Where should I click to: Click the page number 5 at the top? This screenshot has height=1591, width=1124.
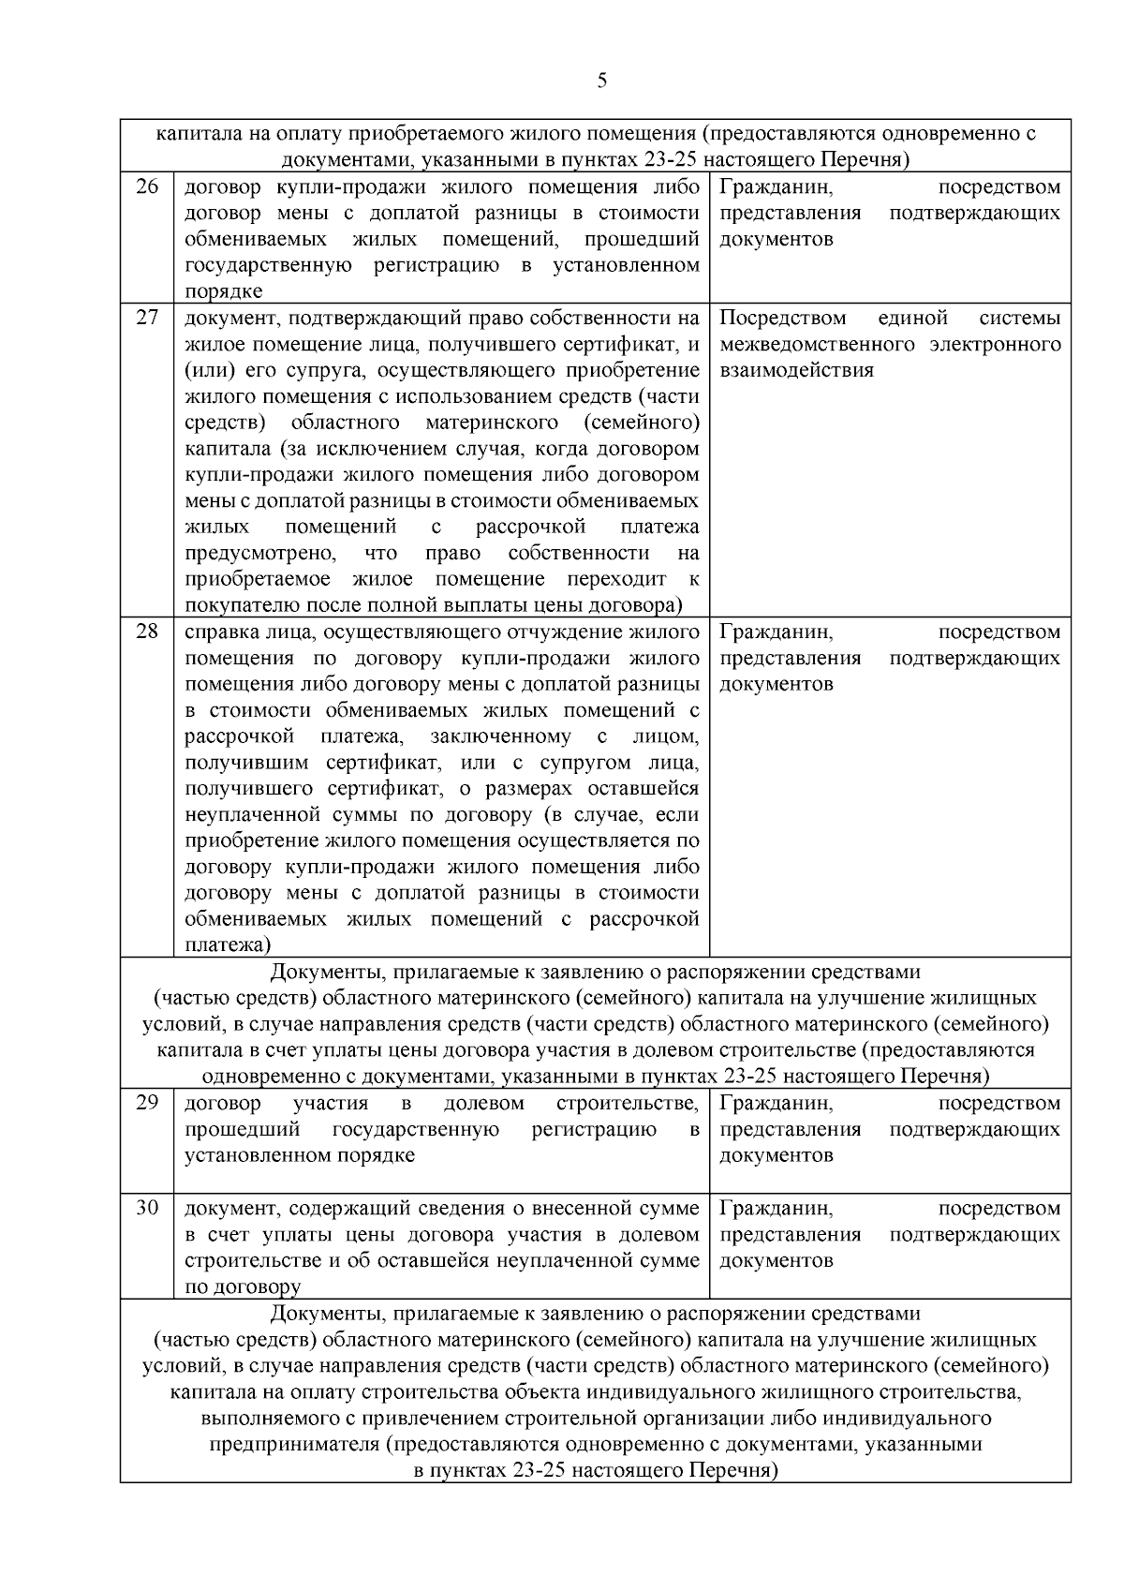(601, 81)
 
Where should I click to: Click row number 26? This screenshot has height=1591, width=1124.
(147, 186)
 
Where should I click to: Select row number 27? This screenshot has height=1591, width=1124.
(147, 317)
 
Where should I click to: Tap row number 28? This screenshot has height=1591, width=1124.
(147, 631)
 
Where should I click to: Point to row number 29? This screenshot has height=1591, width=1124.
(147, 1102)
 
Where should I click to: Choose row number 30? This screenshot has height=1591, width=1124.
(147, 1207)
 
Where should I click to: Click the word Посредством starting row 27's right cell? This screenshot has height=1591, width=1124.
(783, 318)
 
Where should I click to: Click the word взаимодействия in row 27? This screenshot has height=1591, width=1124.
(796, 370)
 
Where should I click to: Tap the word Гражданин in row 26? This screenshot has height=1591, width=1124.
(776, 187)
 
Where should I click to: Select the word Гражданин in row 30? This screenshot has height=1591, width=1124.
(776, 1208)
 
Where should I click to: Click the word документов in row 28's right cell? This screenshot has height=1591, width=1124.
(776, 684)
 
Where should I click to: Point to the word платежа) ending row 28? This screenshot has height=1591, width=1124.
(228, 945)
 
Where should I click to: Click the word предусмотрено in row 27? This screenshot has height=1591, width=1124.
(259, 553)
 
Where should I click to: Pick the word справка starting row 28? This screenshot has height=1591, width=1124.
(221, 632)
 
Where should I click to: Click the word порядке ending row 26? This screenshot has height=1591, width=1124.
(223, 291)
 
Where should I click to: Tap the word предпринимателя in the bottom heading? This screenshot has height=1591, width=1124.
(295, 1444)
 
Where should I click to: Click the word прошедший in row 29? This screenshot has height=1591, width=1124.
(242, 1129)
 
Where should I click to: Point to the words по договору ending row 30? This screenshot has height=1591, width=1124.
(243, 1287)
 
